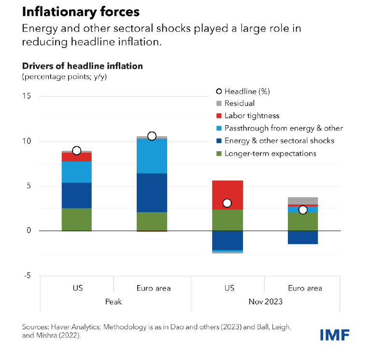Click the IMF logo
point(334,334)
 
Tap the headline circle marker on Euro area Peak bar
point(152,136)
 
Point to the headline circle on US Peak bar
point(76,151)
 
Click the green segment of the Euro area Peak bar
point(152,221)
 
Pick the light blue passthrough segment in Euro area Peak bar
point(152,156)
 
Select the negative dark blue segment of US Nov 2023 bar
point(228,240)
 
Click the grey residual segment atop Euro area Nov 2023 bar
point(303,201)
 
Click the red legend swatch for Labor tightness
point(219,116)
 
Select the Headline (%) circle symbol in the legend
point(219,91)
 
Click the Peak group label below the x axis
point(114,302)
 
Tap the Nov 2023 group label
point(266,302)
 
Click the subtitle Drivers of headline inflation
point(82,66)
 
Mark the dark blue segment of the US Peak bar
point(76,195)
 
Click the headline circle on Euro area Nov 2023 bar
point(303,210)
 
